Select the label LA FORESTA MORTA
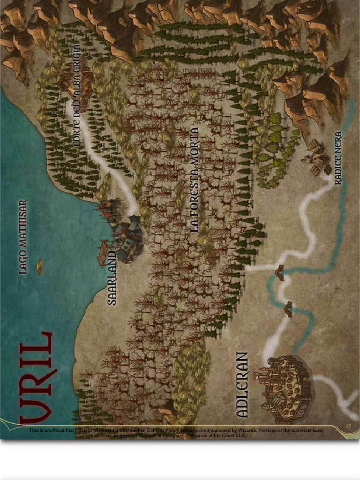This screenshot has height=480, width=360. tap(195, 180)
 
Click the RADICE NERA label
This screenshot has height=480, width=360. tap(338, 158)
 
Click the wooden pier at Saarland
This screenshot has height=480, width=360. tap(103, 253)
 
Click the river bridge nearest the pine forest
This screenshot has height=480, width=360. tap(279, 272)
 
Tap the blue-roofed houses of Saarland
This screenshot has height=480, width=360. tap(127, 239)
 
